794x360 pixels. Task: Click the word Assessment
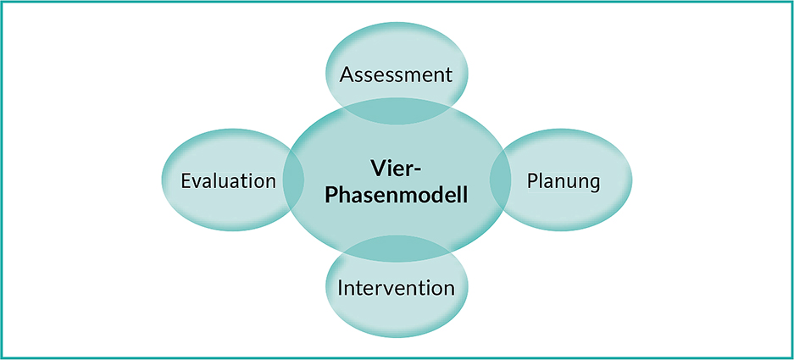pos(396,75)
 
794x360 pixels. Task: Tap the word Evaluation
pos(229,180)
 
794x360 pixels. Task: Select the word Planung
pos(564,182)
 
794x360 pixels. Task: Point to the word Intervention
pos(396,288)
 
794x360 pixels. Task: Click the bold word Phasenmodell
pos(396,195)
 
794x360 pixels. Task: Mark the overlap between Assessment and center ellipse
pos(396,112)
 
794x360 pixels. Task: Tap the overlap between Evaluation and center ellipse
pos(293,180)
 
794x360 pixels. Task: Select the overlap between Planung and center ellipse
pos(500,180)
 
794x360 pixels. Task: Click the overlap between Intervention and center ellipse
pos(396,248)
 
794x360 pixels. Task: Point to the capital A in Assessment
pos(347,75)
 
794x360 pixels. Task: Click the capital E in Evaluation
pos(186,180)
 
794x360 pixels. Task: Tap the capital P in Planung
pos(532,180)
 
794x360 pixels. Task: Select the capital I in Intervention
pos(340,288)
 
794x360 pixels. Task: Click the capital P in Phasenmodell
pos(331,195)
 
